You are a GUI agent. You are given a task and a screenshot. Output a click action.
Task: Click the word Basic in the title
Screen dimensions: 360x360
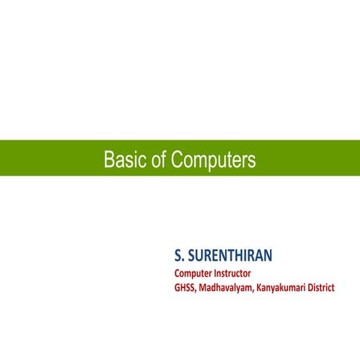[x=123, y=160]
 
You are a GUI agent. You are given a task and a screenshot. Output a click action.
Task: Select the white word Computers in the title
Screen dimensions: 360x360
[x=213, y=160]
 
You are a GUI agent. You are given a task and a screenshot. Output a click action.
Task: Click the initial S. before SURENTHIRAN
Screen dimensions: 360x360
[x=179, y=256]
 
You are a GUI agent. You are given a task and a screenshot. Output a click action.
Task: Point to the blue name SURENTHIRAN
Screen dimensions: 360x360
[x=230, y=256]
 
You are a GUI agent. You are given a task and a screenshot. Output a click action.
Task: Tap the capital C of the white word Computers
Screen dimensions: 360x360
[x=177, y=160]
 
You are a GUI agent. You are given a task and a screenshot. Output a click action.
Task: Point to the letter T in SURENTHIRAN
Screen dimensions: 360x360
[x=236, y=256]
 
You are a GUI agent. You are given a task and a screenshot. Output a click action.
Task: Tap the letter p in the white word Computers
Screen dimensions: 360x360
[x=212, y=160]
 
